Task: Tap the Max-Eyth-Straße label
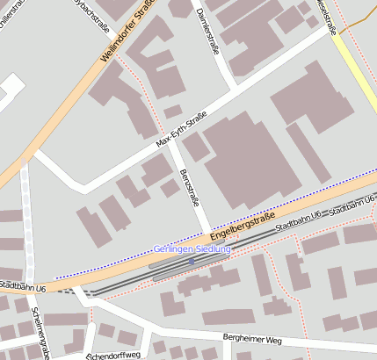[x=181, y=128]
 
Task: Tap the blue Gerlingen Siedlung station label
[x=192, y=249]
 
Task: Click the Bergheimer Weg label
[x=251, y=339]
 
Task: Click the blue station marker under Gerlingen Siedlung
[x=192, y=261]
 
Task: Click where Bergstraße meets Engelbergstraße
[x=208, y=234]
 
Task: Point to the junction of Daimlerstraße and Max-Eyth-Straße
[x=236, y=89]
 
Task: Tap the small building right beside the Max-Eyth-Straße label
[x=172, y=112]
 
